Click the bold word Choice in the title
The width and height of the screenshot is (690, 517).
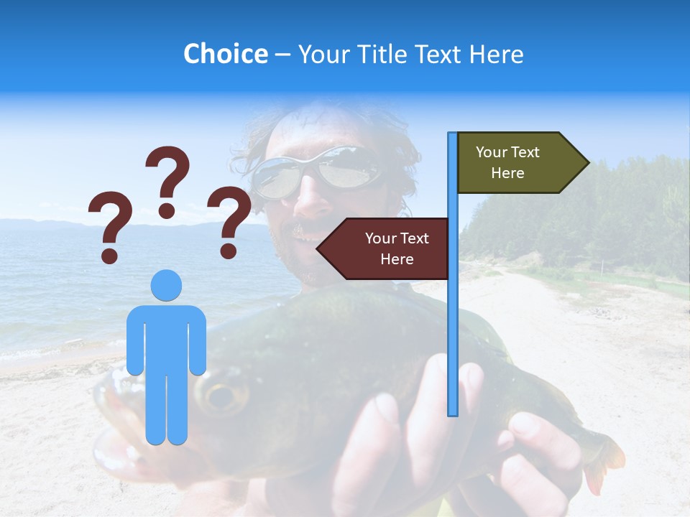(x=225, y=54)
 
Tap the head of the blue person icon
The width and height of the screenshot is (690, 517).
(x=166, y=285)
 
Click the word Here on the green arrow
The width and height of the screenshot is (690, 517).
(x=507, y=173)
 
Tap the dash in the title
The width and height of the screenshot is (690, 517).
(x=282, y=55)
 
